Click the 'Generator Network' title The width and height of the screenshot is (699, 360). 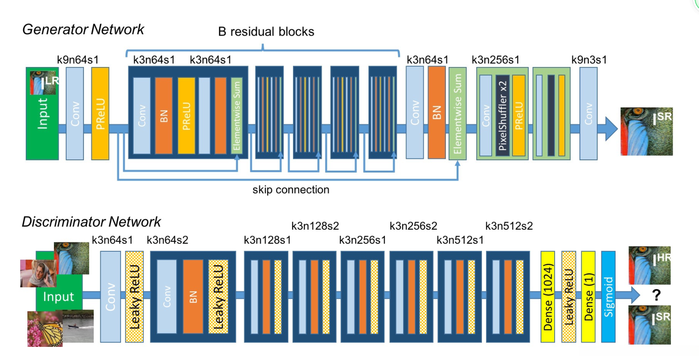tap(83, 30)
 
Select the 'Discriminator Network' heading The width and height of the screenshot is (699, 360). tap(91, 222)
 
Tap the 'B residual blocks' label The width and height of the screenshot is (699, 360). tap(266, 32)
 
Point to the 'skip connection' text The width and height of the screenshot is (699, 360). tap(291, 190)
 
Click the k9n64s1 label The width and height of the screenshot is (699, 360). tap(77, 60)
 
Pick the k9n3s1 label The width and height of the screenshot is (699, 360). tap(589, 60)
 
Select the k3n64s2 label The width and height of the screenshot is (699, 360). tap(167, 240)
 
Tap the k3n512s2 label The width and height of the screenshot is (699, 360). tap(509, 226)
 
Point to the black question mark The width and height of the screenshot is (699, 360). tap(656, 295)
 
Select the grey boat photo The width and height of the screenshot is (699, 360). tap(78, 326)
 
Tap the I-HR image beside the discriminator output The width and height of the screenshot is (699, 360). tap(651, 264)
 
